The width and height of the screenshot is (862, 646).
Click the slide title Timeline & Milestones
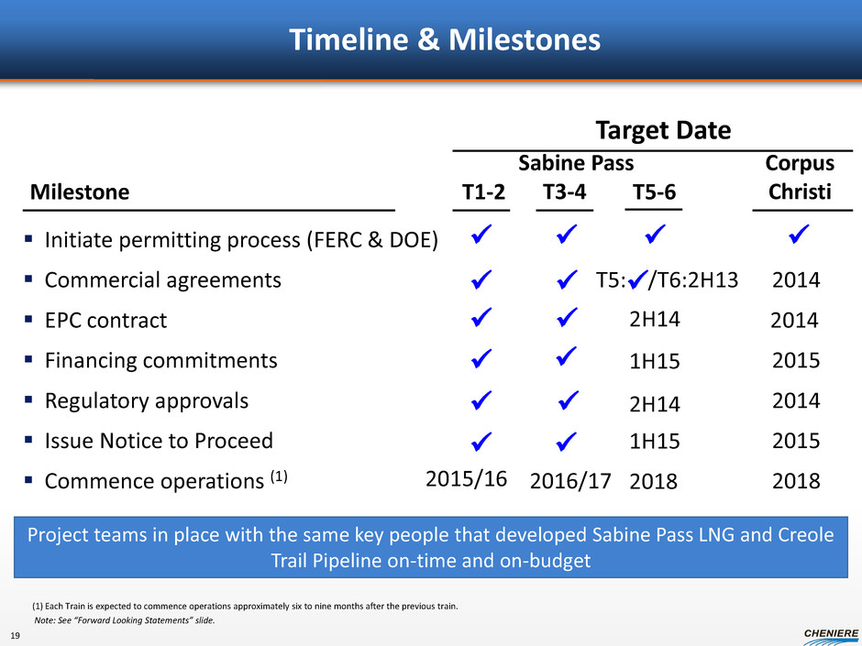point(445,39)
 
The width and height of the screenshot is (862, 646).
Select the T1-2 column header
point(483,192)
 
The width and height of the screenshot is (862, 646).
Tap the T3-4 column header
point(565,192)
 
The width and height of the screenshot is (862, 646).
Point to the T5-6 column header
point(654,192)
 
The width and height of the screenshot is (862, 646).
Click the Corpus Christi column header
point(800,178)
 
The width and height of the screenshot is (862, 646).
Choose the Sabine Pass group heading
point(576,163)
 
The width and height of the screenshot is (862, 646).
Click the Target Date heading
point(664,130)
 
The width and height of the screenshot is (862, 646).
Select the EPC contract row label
point(105,321)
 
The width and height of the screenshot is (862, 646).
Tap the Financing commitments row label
point(161,360)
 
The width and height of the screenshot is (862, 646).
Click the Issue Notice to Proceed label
point(159,441)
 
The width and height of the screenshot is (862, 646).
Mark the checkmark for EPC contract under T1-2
point(481,317)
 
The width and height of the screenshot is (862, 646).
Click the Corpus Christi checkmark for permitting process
point(799,234)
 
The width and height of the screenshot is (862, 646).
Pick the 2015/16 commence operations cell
point(466,479)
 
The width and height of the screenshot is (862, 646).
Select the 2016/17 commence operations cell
point(570,481)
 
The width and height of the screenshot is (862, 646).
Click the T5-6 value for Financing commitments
point(654,361)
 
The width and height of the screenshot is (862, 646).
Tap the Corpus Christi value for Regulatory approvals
point(796,400)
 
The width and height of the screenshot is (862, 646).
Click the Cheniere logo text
point(831,633)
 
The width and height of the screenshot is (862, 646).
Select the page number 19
point(15,636)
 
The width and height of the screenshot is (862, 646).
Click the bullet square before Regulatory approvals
point(28,400)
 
